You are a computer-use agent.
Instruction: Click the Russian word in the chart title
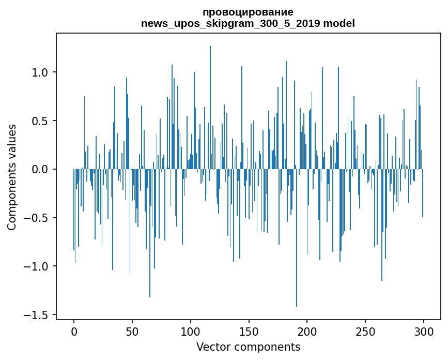point(248,12)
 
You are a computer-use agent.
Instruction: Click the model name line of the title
point(248,23)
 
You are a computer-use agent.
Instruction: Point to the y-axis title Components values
point(11,177)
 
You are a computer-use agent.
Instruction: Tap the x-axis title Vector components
point(248,347)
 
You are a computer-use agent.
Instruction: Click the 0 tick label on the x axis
point(74,331)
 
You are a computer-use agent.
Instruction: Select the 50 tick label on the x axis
point(132,331)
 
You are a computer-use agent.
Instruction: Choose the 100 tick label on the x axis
point(191,331)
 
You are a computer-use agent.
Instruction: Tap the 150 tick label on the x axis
point(249,331)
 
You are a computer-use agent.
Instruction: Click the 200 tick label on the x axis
point(307,331)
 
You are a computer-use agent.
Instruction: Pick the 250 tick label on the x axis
point(365,331)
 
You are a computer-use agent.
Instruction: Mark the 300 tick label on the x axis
point(424,331)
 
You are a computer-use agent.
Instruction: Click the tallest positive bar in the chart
point(210,103)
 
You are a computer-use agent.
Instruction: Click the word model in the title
point(339,23)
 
